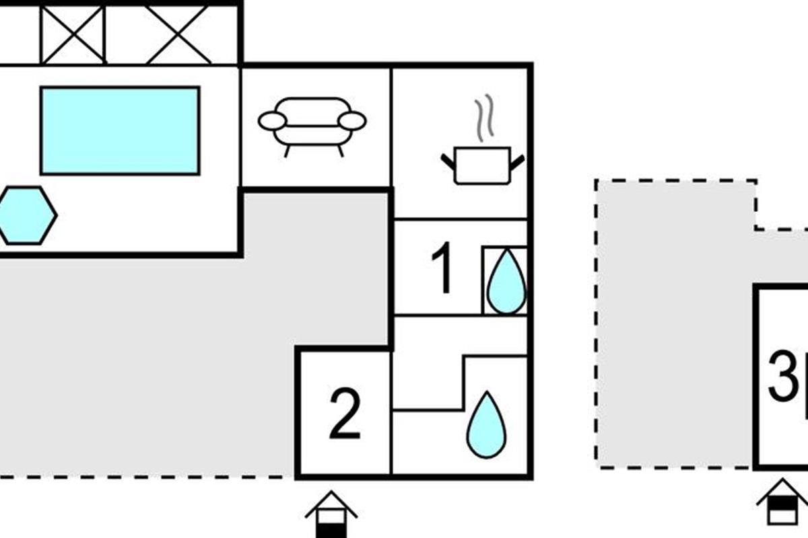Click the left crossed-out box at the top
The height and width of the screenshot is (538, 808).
click(x=73, y=34)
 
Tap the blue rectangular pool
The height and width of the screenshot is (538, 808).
click(x=120, y=130)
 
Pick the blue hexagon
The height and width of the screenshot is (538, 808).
click(x=26, y=215)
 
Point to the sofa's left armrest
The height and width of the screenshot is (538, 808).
click(x=272, y=121)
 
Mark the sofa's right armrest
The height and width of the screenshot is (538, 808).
click(x=352, y=121)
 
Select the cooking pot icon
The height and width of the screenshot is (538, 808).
click(x=482, y=165)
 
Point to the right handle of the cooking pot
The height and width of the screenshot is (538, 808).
click(x=517, y=162)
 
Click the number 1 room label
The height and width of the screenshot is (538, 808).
click(x=442, y=269)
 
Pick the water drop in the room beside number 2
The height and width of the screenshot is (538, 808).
click(x=486, y=425)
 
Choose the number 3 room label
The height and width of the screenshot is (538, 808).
click(x=783, y=377)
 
